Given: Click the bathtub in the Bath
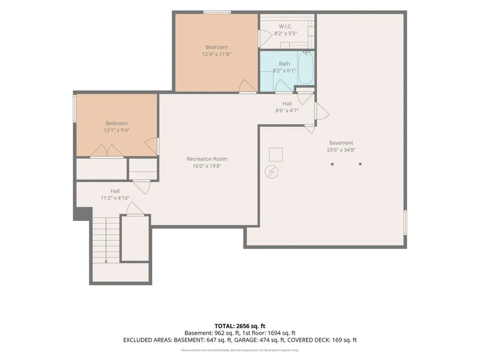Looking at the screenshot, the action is coord(306,67).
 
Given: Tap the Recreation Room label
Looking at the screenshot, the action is coord(207,159).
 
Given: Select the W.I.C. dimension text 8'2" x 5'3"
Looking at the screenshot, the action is coord(286,33).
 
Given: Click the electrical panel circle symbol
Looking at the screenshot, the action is coord(272,172).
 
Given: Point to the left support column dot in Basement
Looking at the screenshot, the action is coord(332,164).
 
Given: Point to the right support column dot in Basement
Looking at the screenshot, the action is coord(360,164).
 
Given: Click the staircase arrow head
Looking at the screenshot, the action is coord(106,261).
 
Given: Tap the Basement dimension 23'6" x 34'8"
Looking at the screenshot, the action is coord(341,150).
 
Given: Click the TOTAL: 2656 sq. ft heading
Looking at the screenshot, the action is coord(240,326).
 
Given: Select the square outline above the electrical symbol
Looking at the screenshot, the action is coord(276,154).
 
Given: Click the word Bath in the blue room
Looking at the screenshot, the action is coord(284,64).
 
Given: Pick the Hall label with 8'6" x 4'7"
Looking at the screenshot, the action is coord(287,103).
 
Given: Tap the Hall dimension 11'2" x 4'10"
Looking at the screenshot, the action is coord(115,198).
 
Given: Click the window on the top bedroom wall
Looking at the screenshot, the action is coord(217,12).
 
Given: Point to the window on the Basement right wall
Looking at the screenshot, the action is coord(405,222).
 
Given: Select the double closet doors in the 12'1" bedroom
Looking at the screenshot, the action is coord(107,151).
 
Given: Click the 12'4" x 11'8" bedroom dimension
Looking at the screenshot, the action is coord(216,54).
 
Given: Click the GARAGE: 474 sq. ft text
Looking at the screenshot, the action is coord(273,340).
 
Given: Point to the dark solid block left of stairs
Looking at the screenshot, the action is coord(82,213).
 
